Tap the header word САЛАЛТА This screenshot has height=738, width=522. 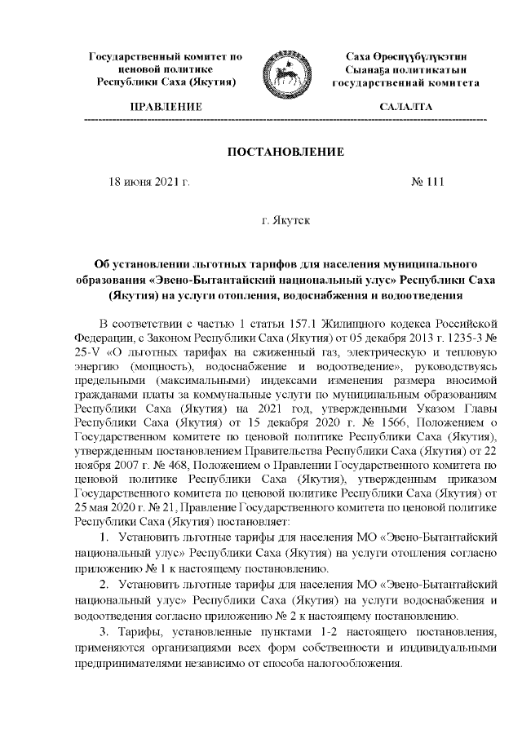[x=405, y=108]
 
